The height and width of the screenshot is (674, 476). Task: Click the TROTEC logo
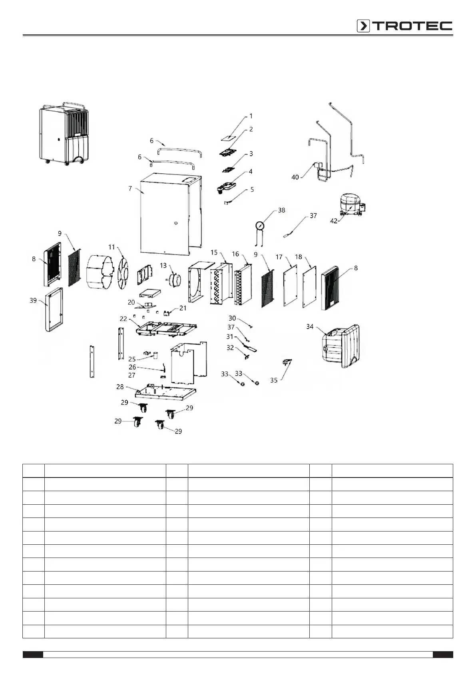[x=404, y=26]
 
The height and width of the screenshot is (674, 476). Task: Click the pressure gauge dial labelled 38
[x=260, y=226]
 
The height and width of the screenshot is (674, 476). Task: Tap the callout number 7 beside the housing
[x=130, y=189]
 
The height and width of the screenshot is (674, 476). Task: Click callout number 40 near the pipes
[x=295, y=177]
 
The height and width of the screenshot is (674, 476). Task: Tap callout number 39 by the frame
[x=33, y=300]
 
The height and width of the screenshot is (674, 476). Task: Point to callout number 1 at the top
[x=251, y=116]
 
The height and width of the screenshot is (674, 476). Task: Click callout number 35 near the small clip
[x=274, y=380]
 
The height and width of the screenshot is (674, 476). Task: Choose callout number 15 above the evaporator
[x=214, y=253]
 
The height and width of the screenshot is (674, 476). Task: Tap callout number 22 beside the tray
[x=123, y=319]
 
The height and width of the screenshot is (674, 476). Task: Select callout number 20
[x=131, y=303]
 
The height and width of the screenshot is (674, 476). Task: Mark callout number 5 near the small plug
[x=252, y=190]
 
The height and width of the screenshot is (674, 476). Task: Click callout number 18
[x=299, y=257]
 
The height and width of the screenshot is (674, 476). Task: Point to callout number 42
[x=334, y=221]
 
